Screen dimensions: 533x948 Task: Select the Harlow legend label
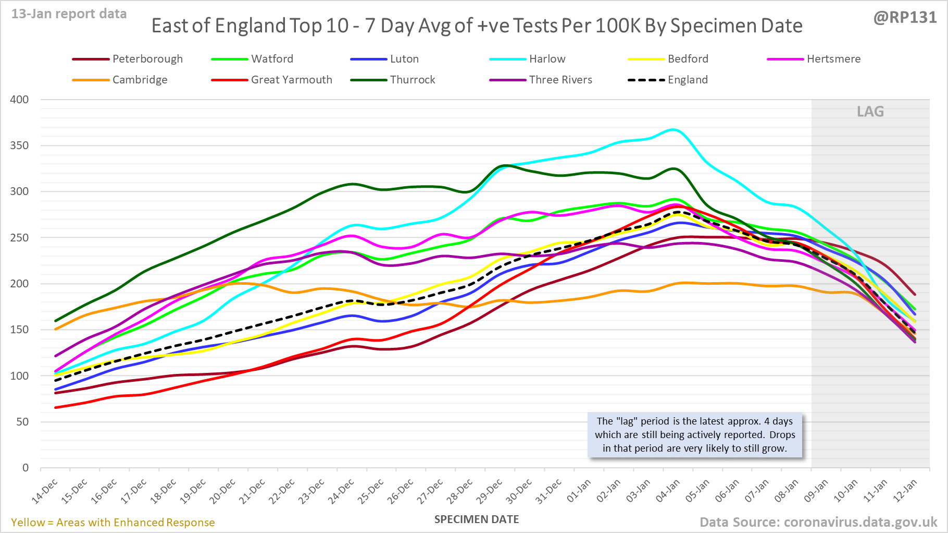pyautogui.click(x=547, y=59)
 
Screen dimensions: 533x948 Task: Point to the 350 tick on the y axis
pyautogui.click(x=19, y=146)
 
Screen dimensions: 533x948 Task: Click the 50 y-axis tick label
pyautogui.click(x=22, y=422)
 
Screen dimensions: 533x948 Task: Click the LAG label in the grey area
pyautogui.click(x=870, y=112)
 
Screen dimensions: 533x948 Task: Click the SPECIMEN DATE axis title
pyautogui.click(x=477, y=519)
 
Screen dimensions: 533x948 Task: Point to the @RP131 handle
pyautogui.click(x=905, y=18)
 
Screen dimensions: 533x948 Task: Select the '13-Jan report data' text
pyautogui.click(x=69, y=14)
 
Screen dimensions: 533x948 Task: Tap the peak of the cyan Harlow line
pyautogui.click(x=673, y=129)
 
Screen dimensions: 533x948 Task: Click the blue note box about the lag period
pyautogui.click(x=695, y=434)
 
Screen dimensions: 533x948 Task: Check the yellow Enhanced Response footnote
pyautogui.click(x=113, y=523)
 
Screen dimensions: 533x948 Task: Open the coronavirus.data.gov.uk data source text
pyautogui.click(x=818, y=522)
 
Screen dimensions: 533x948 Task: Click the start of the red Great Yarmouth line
pyautogui.click(x=56, y=407)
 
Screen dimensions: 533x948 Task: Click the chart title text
pyautogui.click(x=477, y=26)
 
